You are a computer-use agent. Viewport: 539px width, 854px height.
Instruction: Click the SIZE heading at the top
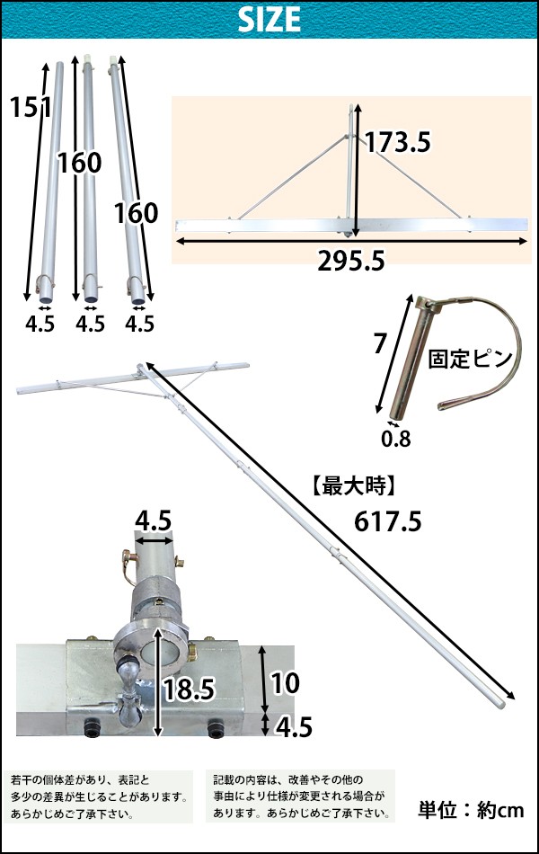point(269,20)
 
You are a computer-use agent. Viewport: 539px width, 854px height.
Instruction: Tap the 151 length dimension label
point(31,107)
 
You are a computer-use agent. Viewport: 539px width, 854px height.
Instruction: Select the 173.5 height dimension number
point(397,142)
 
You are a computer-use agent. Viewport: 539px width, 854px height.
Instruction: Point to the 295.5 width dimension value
point(351,262)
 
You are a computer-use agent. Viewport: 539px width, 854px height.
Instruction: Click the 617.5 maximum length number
point(388,521)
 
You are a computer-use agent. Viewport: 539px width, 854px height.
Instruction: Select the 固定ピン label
point(471,359)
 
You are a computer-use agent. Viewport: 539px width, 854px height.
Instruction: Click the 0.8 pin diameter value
point(396,439)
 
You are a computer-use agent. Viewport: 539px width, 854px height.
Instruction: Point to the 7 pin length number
point(379,343)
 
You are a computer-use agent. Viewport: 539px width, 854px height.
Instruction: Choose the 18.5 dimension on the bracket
point(189,689)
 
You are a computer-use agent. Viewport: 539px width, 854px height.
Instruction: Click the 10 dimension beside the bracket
point(285,683)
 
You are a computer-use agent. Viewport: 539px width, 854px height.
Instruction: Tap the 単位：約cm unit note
point(471,810)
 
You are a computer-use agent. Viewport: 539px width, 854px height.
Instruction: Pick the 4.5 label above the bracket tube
point(153,520)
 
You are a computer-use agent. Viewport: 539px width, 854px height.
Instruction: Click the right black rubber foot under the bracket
point(216,729)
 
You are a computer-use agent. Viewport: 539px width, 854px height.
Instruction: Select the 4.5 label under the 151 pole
point(40,324)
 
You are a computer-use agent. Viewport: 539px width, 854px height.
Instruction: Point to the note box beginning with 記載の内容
point(301,796)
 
